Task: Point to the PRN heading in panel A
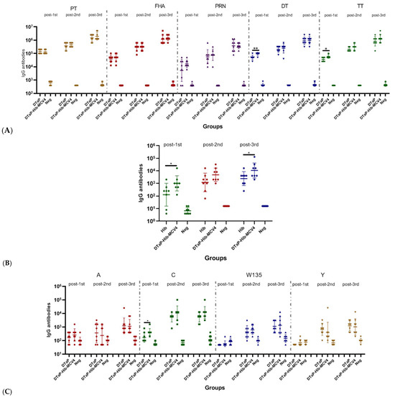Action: coord(213,5)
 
